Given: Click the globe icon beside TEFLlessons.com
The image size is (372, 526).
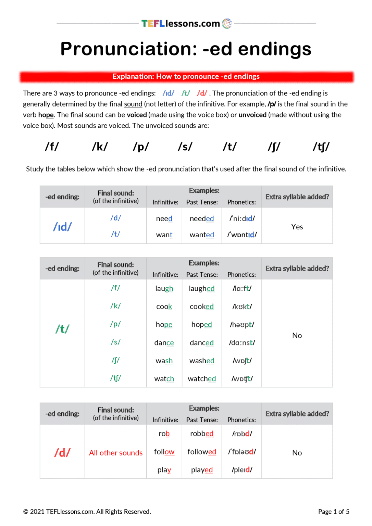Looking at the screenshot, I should [227, 23].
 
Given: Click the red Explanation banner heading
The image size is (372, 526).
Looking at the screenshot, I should [186, 77].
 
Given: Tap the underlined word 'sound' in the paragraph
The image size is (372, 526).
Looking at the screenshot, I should [133, 104].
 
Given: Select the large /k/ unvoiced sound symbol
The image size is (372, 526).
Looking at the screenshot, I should [100, 147].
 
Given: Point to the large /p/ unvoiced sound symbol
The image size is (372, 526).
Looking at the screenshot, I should [141, 147].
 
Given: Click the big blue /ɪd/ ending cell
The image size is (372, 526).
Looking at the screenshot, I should [62, 226].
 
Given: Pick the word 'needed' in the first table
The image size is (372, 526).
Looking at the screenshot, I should [202, 218].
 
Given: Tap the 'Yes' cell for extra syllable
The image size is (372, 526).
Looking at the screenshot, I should [297, 227].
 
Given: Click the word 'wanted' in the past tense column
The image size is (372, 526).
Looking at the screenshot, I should [202, 235].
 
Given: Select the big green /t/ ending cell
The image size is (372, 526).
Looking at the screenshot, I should [62, 329].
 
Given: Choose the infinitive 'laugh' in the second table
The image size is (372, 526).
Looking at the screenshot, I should [164, 289].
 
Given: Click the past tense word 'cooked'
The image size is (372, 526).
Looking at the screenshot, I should [202, 306].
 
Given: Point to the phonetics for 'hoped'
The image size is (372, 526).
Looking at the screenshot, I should [242, 325].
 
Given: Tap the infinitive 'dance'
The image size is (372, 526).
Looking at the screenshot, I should [164, 342].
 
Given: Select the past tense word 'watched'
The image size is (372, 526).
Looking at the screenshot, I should [202, 379].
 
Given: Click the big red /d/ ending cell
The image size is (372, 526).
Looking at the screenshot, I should [62, 452].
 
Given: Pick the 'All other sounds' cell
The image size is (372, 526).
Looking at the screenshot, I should [116, 453].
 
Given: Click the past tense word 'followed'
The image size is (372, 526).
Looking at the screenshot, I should [202, 452].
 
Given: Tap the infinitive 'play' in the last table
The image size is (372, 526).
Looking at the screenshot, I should [164, 470].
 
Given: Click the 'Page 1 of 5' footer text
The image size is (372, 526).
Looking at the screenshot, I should [334, 512].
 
